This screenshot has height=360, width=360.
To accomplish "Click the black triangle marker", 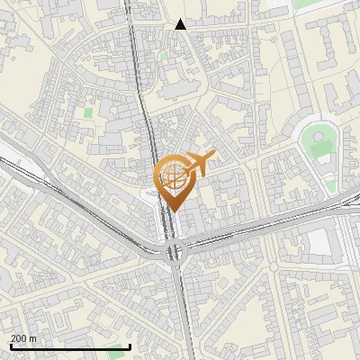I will tap(181, 24).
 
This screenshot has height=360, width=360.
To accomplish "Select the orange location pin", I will tap(174, 181).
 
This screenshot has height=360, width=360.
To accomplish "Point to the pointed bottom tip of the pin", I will tap(174, 211).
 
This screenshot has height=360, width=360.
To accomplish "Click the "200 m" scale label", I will tap(23, 337).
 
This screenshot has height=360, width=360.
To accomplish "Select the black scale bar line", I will tap(70, 346).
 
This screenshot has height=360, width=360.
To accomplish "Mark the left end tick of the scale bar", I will tap(10, 346).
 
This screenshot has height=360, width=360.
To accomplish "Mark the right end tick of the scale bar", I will tap(130, 346).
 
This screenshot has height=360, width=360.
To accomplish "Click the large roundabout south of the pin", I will tap(174, 253).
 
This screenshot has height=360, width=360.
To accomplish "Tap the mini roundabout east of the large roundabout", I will tap(273, 267).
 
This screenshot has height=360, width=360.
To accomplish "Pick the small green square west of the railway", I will tap(88, 113).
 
